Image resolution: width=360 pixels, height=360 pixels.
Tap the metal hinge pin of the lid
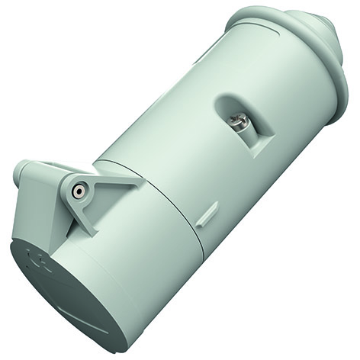pyautogui.click(x=77, y=192)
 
